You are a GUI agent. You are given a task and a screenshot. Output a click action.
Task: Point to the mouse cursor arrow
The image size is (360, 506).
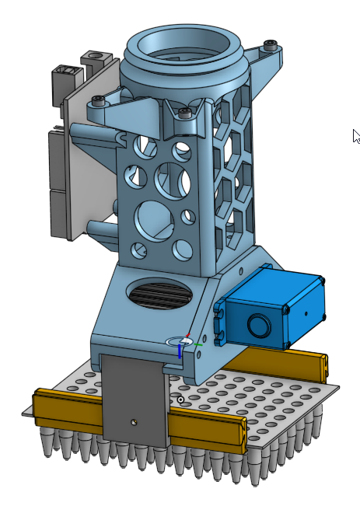[355, 136]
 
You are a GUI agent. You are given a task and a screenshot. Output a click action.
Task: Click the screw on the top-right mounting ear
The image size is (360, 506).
[270, 44]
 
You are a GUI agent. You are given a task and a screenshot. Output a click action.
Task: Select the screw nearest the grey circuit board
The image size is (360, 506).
[97, 100]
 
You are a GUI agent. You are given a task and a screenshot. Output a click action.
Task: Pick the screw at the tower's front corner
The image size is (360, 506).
[184, 113]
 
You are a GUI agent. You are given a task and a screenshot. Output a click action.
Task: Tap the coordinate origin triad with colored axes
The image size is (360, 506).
[185, 343]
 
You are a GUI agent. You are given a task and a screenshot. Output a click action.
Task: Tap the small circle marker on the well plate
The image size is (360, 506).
[180, 400]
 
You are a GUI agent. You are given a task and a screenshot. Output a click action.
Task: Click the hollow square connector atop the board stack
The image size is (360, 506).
[95, 58]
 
